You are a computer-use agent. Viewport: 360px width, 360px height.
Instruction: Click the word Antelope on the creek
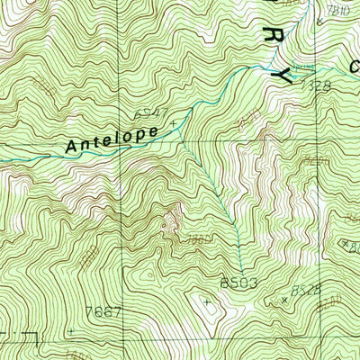coord(113,139)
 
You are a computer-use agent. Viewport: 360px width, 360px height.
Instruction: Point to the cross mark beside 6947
coord(172,112)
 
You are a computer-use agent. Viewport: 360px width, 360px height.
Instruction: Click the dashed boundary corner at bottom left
coord(37,335)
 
